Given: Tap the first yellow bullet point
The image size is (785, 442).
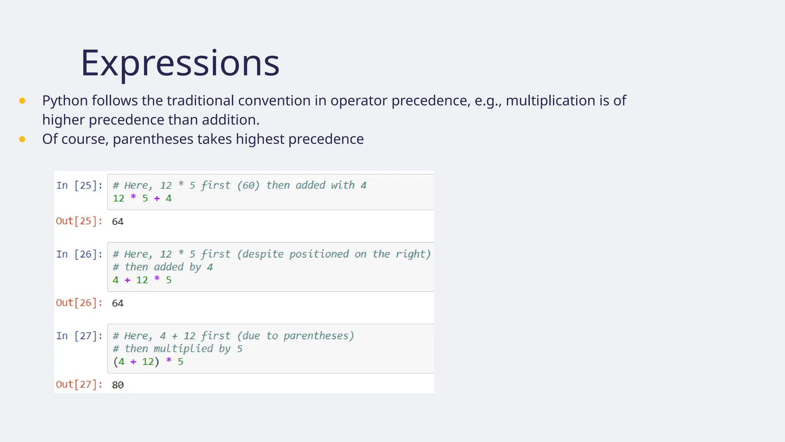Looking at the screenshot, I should click(x=22, y=101).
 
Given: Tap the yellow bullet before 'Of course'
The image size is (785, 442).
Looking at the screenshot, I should click(x=22, y=139).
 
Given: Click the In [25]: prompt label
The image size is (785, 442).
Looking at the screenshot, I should click(x=79, y=186).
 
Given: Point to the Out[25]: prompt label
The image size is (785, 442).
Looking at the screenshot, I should click(x=79, y=221).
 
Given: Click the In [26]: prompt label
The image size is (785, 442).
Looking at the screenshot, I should click(x=79, y=254).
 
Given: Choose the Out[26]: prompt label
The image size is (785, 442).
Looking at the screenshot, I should click(x=79, y=303).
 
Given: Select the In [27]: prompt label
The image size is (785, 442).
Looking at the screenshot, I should click(x=79, y=336).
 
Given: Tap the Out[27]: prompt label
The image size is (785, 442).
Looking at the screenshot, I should click(x=79, y=384).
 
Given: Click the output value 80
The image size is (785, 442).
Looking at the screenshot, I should click(x=118, y=385).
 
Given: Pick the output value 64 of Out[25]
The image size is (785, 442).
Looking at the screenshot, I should click(x=118, y=222).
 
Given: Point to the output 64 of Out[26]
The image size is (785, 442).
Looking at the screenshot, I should click(x=118, y=303).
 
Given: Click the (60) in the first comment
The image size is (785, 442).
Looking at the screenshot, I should click(x=248, y=186).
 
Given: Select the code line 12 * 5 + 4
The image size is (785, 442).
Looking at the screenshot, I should click(x=142, y=199).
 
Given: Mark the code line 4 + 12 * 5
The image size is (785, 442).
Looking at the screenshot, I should click(x=142, y=280).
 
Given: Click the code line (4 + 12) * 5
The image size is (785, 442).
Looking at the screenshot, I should click(x=148, y=362).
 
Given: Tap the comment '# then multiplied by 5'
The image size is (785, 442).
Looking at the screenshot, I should click(x=177, y=349).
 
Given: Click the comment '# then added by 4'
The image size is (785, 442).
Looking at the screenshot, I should click(x=163, y=267).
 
